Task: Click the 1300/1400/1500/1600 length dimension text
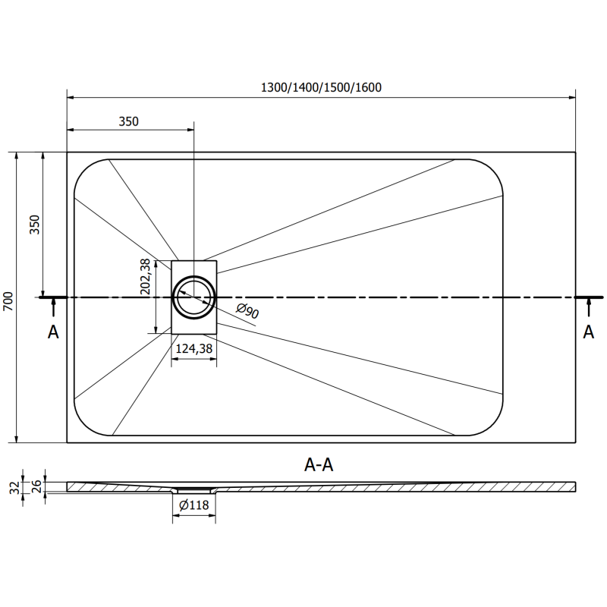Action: [321, 86]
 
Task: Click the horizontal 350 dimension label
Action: [129, 121]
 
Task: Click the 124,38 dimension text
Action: [193, 348]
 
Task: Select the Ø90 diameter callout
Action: [248, 310]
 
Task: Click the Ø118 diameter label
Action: [195, 506]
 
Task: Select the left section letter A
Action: [53, 332]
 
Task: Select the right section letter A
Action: [588, 332]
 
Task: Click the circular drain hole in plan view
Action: [194, 297]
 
